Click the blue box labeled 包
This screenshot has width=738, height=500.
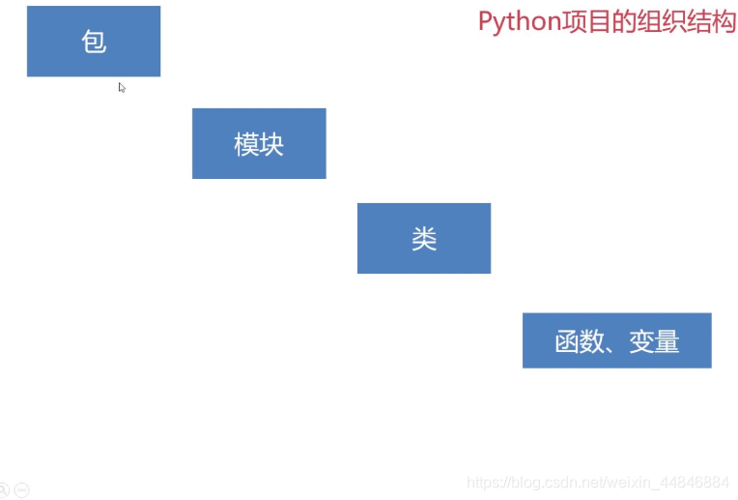pos(94,42)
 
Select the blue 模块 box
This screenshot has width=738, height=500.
pos(259,144)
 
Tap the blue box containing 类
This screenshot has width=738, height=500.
pos(424,239)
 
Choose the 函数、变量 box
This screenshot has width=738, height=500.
pos(616,340)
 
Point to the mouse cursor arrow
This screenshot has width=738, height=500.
pos(122,87)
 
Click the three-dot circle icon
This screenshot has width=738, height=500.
pos(21,489)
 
